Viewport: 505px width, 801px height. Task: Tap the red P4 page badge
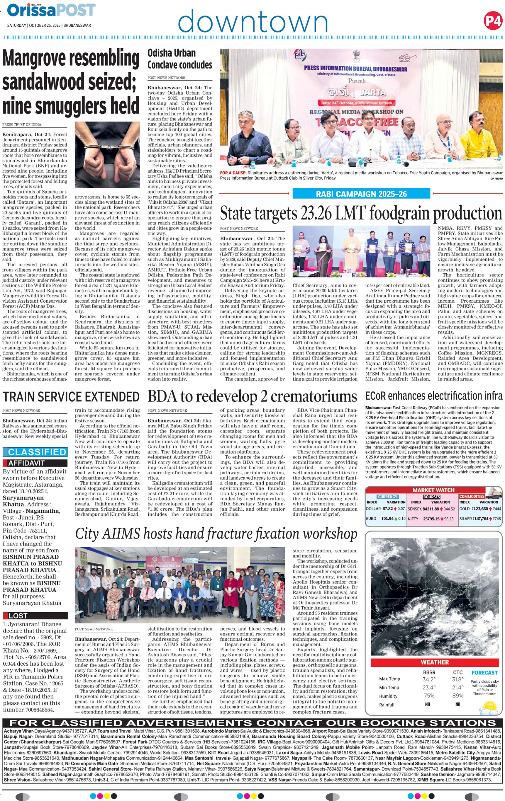[493, 21]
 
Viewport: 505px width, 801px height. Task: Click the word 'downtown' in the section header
[253, 22]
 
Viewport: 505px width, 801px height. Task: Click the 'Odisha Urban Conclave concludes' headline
[180, 59]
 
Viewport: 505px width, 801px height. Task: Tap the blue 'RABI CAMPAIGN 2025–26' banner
[361, 194]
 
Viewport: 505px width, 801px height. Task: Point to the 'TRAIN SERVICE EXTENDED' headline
[71, 397]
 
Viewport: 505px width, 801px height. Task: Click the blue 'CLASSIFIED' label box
[35, 452]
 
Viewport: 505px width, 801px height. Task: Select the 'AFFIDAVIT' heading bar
[35, 463]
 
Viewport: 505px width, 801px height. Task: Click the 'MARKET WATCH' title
[433, 490]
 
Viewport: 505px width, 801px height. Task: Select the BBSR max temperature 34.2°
[429, 679]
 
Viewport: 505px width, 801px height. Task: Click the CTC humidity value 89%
[458, 696]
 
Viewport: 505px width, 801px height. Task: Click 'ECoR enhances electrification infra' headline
[433, 396]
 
